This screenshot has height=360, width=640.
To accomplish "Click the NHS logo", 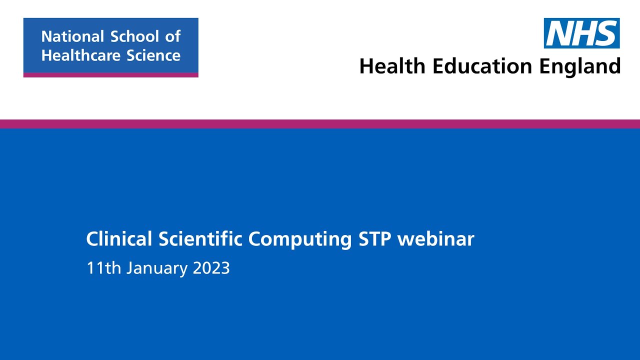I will tap(581, 33).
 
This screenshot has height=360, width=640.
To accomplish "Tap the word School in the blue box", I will tap(133, 36).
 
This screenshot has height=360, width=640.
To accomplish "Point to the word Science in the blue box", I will tap(153, 55).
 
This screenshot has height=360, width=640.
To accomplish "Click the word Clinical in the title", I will tap(119, 239).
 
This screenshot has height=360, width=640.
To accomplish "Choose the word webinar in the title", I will tap(435, 239).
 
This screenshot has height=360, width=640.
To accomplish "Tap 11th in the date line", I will tap(103, 268).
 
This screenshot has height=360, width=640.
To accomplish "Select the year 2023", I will tap(211, 268).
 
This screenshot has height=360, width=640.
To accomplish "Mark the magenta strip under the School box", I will tap(110, 75).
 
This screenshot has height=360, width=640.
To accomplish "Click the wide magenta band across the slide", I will tap(320, 124).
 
